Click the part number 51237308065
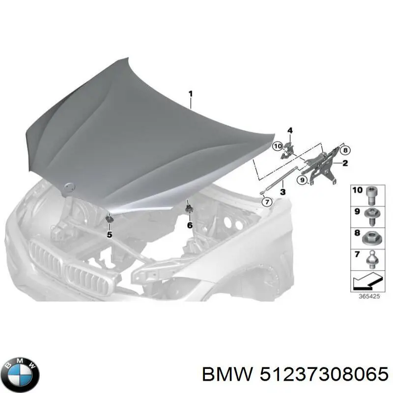coord(324,375)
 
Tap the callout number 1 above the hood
coord(191,94)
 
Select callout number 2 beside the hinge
coord(345,163)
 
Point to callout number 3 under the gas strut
coord(283,192)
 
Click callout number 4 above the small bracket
coord(290,131)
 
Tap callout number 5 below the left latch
coord(110,235)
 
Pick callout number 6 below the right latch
coord(190,225)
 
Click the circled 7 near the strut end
coord(267,202)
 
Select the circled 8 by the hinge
coord(345,150)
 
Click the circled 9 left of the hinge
coord(302,180)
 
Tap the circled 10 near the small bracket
coord(278,146)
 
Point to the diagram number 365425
coord(369,296)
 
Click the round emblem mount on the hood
coord(69,187)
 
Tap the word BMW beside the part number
coord(227,375)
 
